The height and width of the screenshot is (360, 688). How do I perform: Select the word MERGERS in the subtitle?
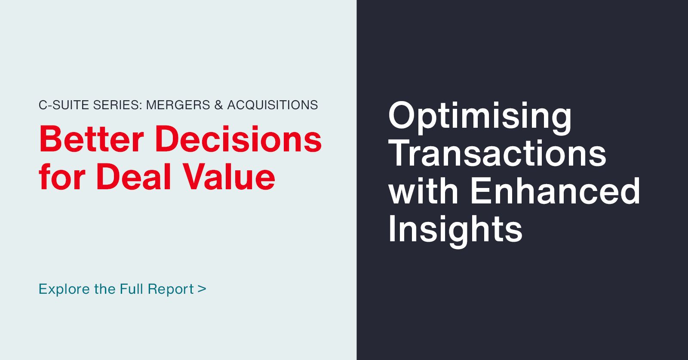[178, 105]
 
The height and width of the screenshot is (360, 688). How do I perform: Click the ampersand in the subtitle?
[219, 105]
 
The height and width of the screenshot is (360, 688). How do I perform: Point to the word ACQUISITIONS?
[273, 105]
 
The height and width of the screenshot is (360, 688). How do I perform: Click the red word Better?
[92, 139]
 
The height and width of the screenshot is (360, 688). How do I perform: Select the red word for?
[62, 177]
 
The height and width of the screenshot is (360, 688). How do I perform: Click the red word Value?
[229, 177]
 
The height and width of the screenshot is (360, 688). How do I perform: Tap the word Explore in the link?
[64, 289]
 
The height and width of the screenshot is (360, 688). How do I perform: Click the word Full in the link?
[132, 289]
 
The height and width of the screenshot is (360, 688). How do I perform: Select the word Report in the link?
[171, 289]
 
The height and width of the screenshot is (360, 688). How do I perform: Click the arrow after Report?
[202, 289]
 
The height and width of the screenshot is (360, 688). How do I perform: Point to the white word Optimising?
[480, 116]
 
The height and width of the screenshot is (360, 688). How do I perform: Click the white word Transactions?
[497, 154]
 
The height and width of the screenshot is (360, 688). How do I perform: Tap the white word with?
[424, 191]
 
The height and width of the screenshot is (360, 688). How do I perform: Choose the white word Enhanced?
[555, 191]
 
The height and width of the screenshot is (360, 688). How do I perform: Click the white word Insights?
[455, 229]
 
